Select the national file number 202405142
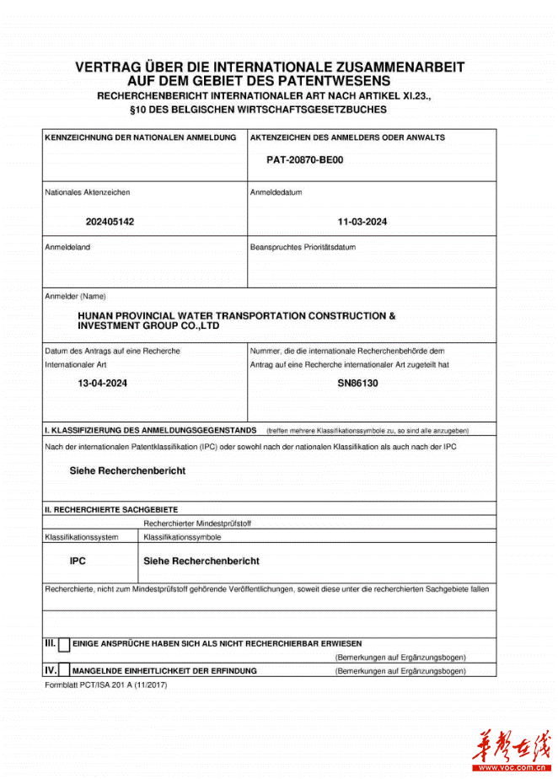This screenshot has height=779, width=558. (x=110, y=223)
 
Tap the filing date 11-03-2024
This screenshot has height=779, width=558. (x=362, y=223)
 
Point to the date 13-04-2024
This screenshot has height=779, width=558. (x=103, y=383)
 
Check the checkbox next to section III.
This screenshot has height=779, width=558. (x=64, y=645)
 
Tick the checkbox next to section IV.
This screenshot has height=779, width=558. (x=64, y=671)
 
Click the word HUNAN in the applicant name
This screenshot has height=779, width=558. (x=95, y=315)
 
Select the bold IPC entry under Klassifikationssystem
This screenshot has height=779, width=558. (x=78, y=561)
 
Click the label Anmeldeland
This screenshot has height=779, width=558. (x=67, y=248)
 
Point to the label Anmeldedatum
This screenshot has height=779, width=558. (x=276, y=192)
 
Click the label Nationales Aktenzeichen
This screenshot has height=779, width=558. (x=88, y=192)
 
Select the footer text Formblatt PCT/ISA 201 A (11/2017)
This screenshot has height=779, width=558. (x=106, y=685)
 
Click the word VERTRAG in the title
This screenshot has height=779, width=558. (x=108, y=67)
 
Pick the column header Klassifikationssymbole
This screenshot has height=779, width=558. (x=183, y=537)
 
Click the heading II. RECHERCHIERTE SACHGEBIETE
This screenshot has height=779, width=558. (x=111, y=510)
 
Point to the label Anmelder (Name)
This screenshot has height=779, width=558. (x=76, y=296)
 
